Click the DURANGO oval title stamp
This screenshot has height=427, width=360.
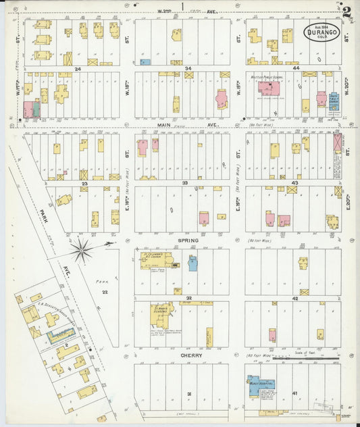320,33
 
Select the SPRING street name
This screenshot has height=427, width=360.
188,241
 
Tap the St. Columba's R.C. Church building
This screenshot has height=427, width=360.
159,261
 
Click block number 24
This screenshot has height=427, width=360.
78,68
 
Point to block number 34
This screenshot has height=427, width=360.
188,68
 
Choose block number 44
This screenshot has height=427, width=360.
295,68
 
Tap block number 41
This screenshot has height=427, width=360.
295,393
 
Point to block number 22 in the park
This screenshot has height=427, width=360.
105,292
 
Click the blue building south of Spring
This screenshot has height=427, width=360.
192,263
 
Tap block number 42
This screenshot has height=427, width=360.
295,298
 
